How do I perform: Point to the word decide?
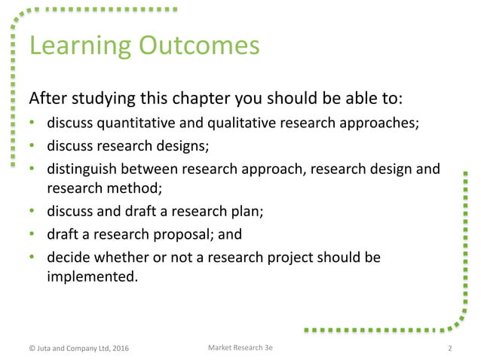point(68,258)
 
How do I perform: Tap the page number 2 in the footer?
point(450,348)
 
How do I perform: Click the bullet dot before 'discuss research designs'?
point(33,146)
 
